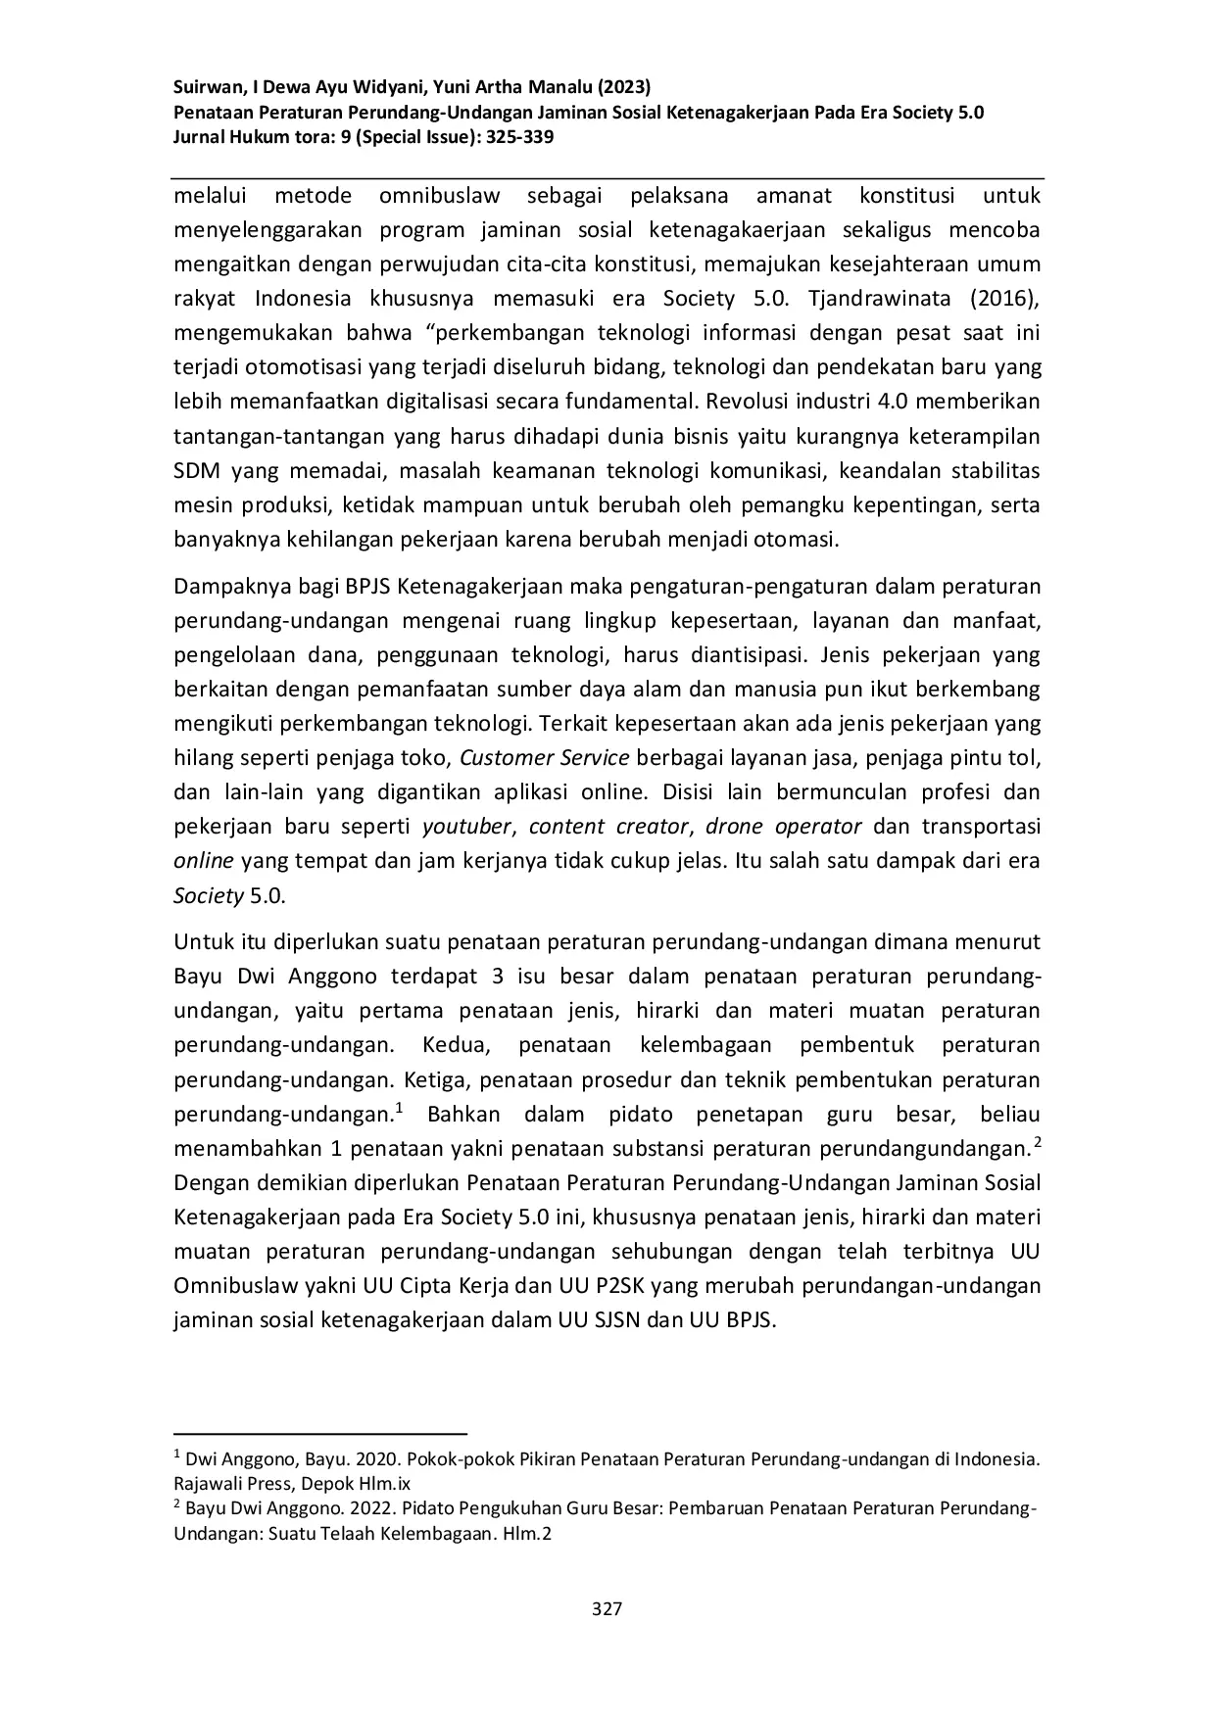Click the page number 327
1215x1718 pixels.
[x=607, y=1608]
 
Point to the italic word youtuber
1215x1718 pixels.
[x=466, y=827]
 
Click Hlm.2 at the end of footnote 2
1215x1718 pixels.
[x=529, y=1534]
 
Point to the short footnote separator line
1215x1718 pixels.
[x=319, y=1432]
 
